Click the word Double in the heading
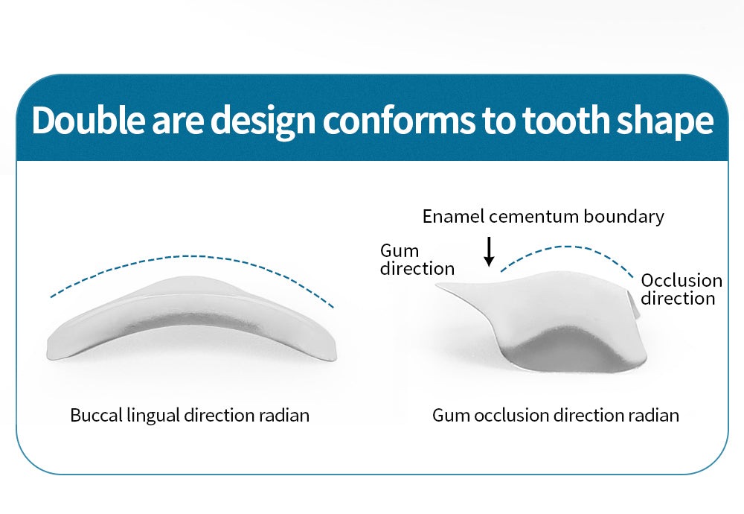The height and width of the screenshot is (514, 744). click(89, 120)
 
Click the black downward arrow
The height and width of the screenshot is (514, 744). click(489, 251)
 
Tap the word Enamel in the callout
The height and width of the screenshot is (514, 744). click(454, 216)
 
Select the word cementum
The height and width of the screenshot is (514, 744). click(533, 217)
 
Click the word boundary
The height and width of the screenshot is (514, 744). click(623, 217)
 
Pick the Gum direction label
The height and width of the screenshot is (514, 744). click(417, 259)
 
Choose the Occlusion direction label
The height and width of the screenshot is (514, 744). click(682, 289)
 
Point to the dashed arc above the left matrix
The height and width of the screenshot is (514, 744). click(192, 256)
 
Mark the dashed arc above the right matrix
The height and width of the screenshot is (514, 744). click(567, 247)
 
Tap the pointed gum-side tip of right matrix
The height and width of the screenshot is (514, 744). click(437, 285)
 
